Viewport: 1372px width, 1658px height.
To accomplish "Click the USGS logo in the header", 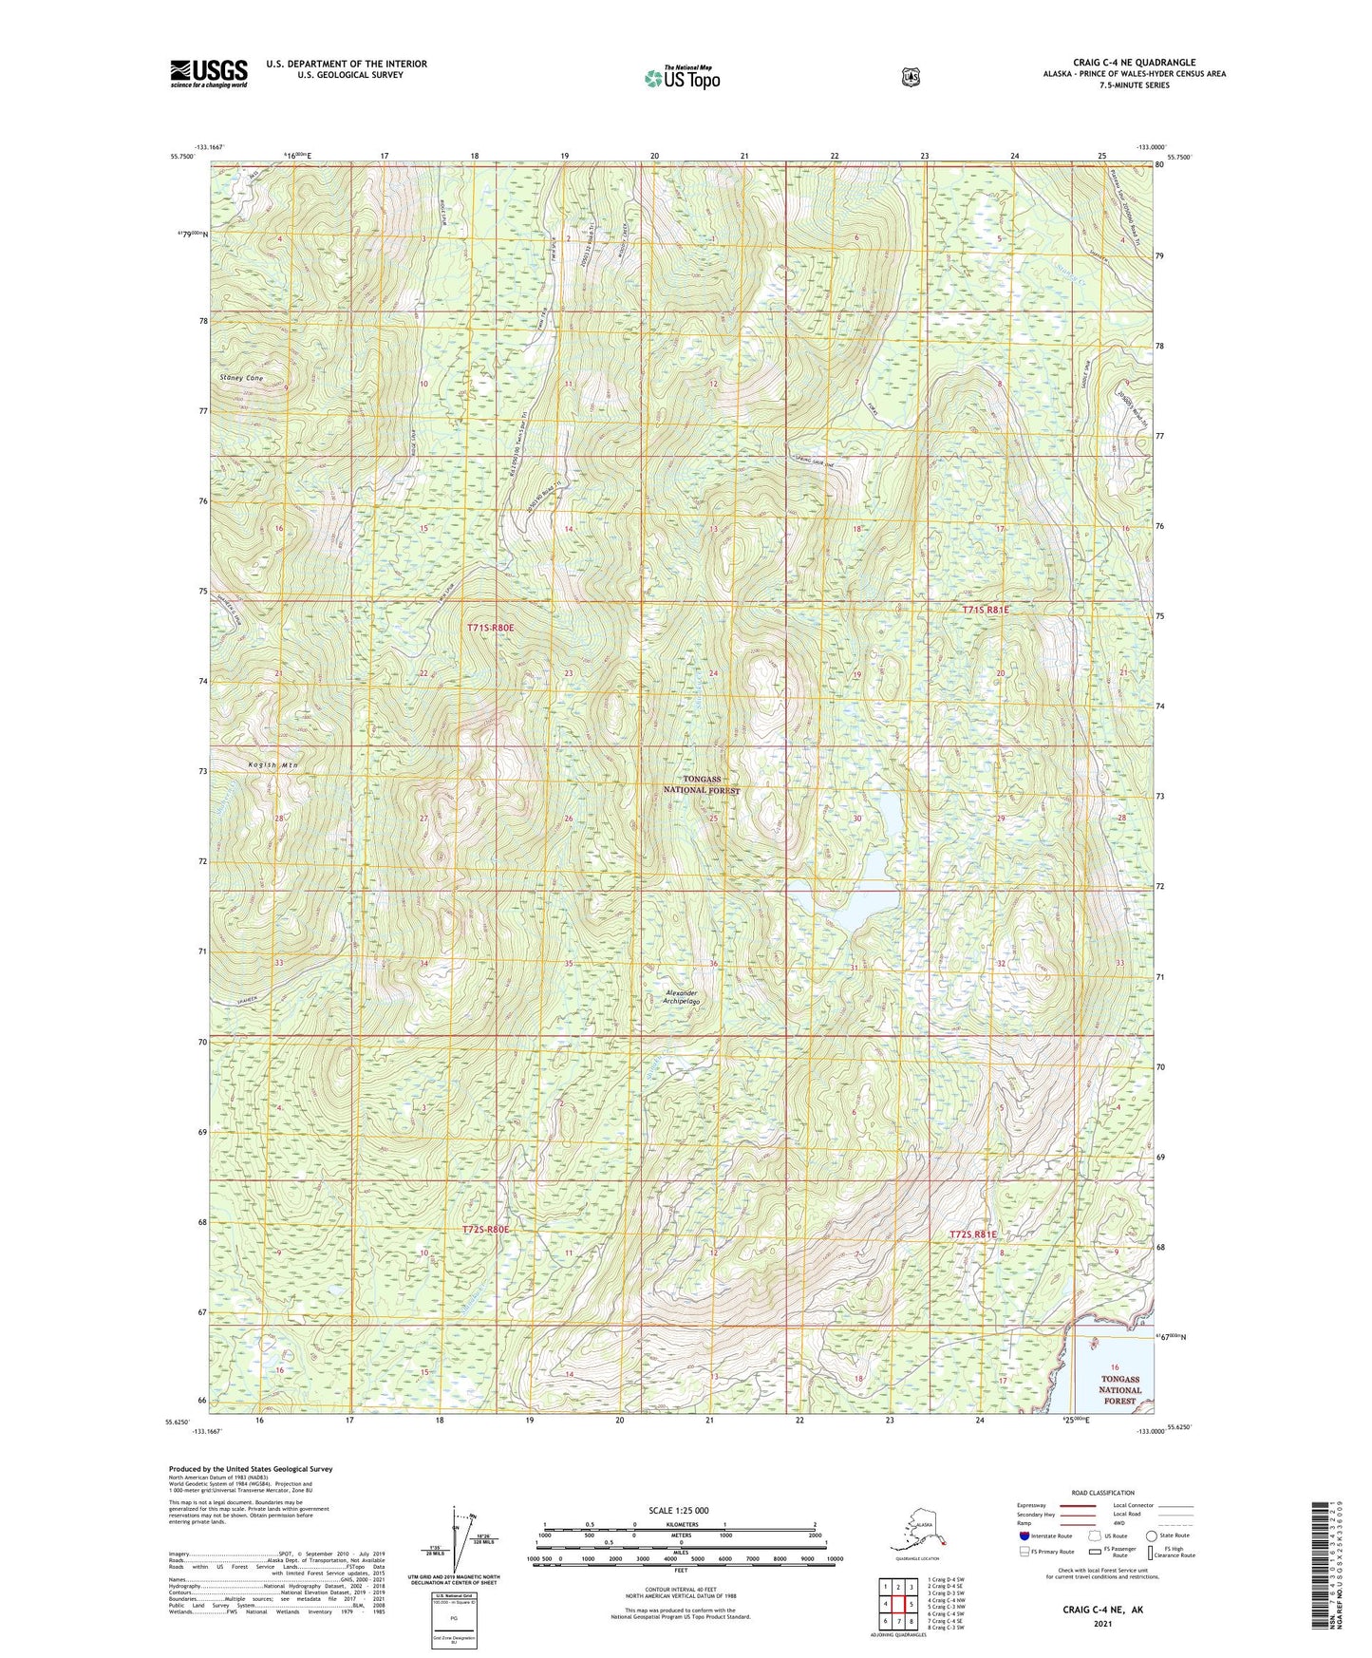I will (209, 73).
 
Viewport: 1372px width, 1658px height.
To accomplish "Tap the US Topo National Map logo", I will (681, 78).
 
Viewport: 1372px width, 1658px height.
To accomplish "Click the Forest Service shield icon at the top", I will (911, 77).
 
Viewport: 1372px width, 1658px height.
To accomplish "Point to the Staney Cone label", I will (241, 378).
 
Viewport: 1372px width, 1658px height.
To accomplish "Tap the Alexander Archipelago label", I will (681, 997).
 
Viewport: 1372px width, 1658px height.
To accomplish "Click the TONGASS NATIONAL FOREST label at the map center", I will (702, 784).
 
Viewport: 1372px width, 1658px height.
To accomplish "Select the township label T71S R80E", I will (490, 628).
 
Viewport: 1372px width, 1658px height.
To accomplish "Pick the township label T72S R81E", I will (973, 1234).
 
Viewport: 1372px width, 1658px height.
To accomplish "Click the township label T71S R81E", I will (986, 610).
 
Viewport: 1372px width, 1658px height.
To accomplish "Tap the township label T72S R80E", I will (485, 1230).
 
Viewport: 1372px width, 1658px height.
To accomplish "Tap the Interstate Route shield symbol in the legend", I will (1024, 1536).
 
